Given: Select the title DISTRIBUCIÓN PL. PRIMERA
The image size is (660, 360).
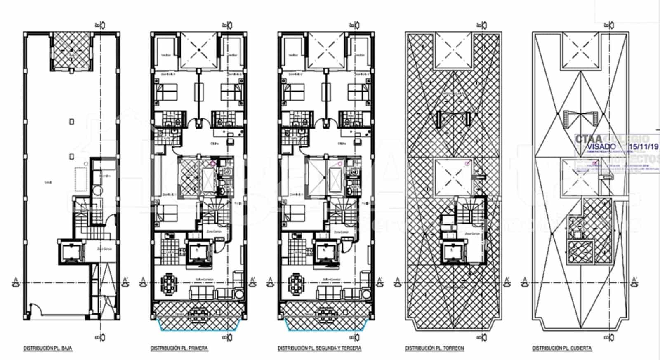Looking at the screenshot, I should point(179,348).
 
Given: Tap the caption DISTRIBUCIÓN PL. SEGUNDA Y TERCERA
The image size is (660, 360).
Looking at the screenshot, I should point(319,348).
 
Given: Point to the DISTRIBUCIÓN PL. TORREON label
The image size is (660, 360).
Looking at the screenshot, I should point(434,348).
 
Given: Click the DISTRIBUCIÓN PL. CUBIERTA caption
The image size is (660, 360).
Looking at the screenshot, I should point(562,348).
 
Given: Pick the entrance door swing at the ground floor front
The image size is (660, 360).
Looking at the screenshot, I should point(36,309).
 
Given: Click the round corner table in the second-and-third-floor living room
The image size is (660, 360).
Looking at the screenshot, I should point(365,294).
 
